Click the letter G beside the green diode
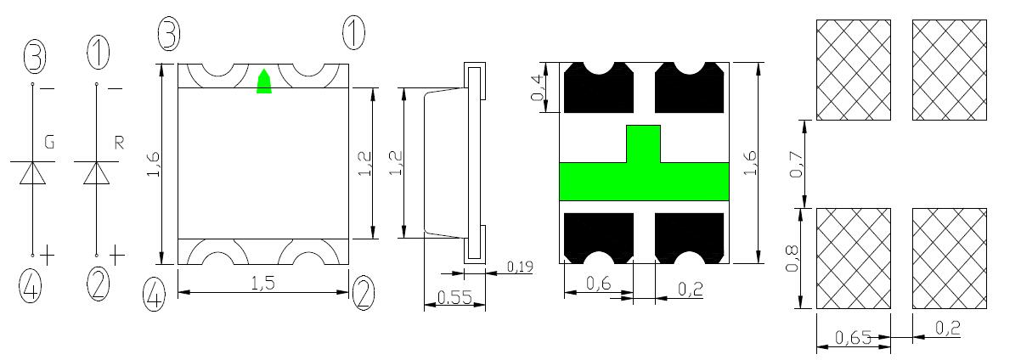[49, 142]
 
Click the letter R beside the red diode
[119, 143]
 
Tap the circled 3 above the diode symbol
[35, 58]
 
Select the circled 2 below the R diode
[99, 284]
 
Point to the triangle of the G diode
[33, 173]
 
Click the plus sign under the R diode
[117, 256]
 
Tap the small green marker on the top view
[264, 82]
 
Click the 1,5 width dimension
[263, 284]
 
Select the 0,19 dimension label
[520, 266]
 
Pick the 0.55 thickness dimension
[454, 297]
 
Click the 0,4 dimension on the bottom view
[538, 88]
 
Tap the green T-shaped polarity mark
[644, 163]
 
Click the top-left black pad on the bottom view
[599, 87]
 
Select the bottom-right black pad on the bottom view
[689, 239]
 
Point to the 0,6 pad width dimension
[599, 284]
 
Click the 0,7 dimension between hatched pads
[796, 164]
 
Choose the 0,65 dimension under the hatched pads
[854, 338]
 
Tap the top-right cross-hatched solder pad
[950, 70]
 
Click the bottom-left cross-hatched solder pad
[854, 258]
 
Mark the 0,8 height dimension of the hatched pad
[793, 258]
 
